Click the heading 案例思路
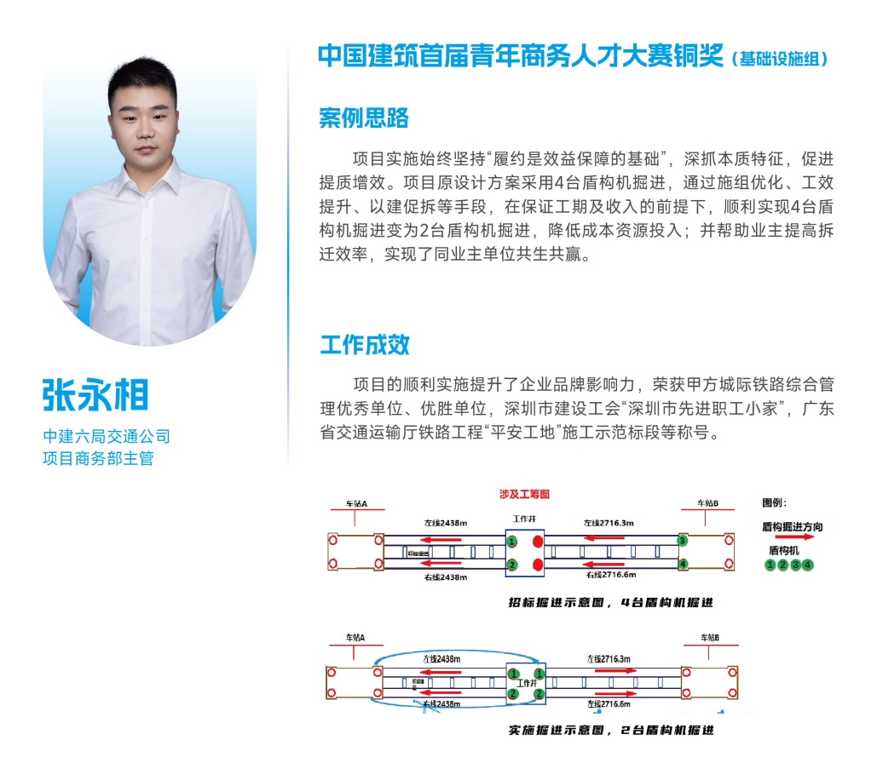coord(364,118)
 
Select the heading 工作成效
coord(365,345)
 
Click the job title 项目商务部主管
coord(98,459)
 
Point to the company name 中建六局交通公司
coord(107,437)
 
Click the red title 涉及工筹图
coord(524,494)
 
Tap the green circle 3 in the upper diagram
coord(682,541)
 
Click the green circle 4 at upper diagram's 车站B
coord(682,564)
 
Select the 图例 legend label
coord(773,502)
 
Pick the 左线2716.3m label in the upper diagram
coord(609,522)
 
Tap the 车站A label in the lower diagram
coord(355,637)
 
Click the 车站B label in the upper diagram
coord(708,504)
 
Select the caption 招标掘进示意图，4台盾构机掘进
coord(609,602)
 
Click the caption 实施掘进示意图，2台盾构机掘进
coord(609,730)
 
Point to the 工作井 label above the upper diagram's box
coord(523,519)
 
